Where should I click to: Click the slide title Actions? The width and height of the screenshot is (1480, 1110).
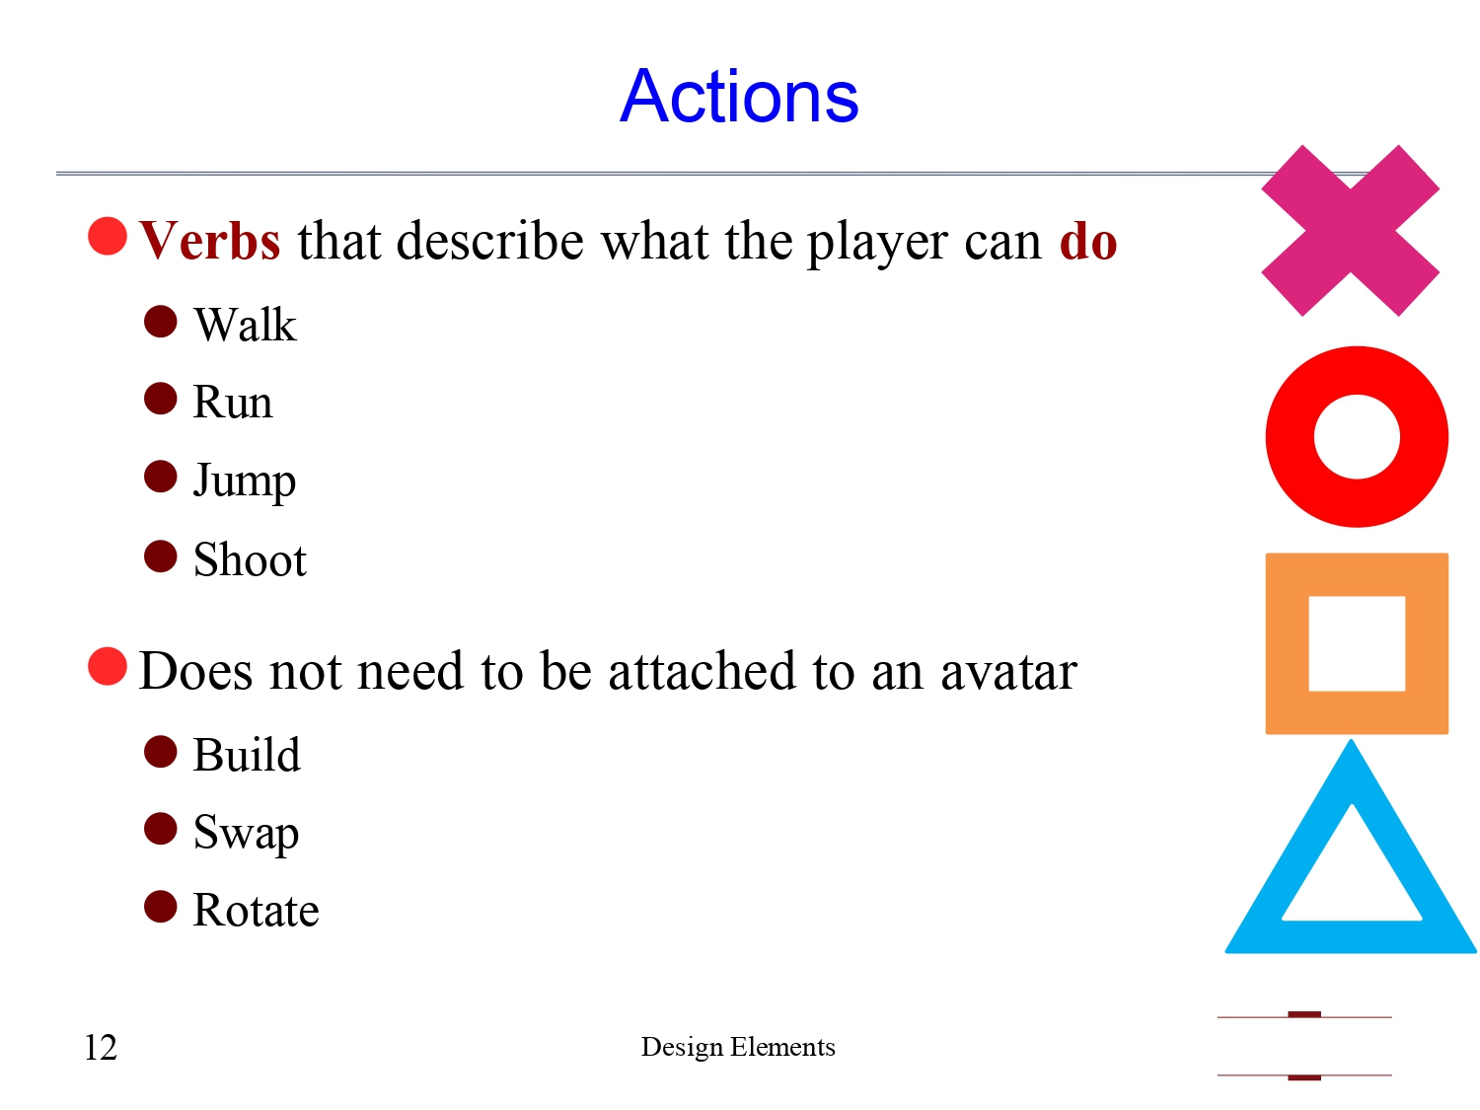[x=739, y=97]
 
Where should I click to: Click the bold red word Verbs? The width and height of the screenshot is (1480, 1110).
[x=210, y=241]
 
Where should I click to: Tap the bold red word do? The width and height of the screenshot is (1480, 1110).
[x=1087, y=241]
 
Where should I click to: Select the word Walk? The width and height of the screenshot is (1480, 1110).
[x=245, y=325]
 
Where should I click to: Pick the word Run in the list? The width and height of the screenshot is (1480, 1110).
[x=232, y=403]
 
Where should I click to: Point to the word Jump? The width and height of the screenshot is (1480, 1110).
[x=244, y=481]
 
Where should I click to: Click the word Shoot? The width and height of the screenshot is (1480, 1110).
[x=250, y=559]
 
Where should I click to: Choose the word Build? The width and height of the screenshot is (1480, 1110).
[x=247, y=755]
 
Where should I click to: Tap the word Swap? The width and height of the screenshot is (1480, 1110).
[x=246, y=833]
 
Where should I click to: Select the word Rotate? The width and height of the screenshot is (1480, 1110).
[x=256, y=910]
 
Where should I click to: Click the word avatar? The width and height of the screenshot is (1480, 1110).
[x=1007, y=672]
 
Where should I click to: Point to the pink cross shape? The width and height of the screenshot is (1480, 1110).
[x=1350, y=231]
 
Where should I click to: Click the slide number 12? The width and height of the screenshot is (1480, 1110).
[x=101, y=1047]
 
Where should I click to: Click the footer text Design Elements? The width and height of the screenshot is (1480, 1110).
[x=738, y=1047]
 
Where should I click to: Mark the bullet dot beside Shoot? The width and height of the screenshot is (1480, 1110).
[x=160, y=556]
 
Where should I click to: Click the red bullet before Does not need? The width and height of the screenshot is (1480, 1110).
[x=108, y=666]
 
